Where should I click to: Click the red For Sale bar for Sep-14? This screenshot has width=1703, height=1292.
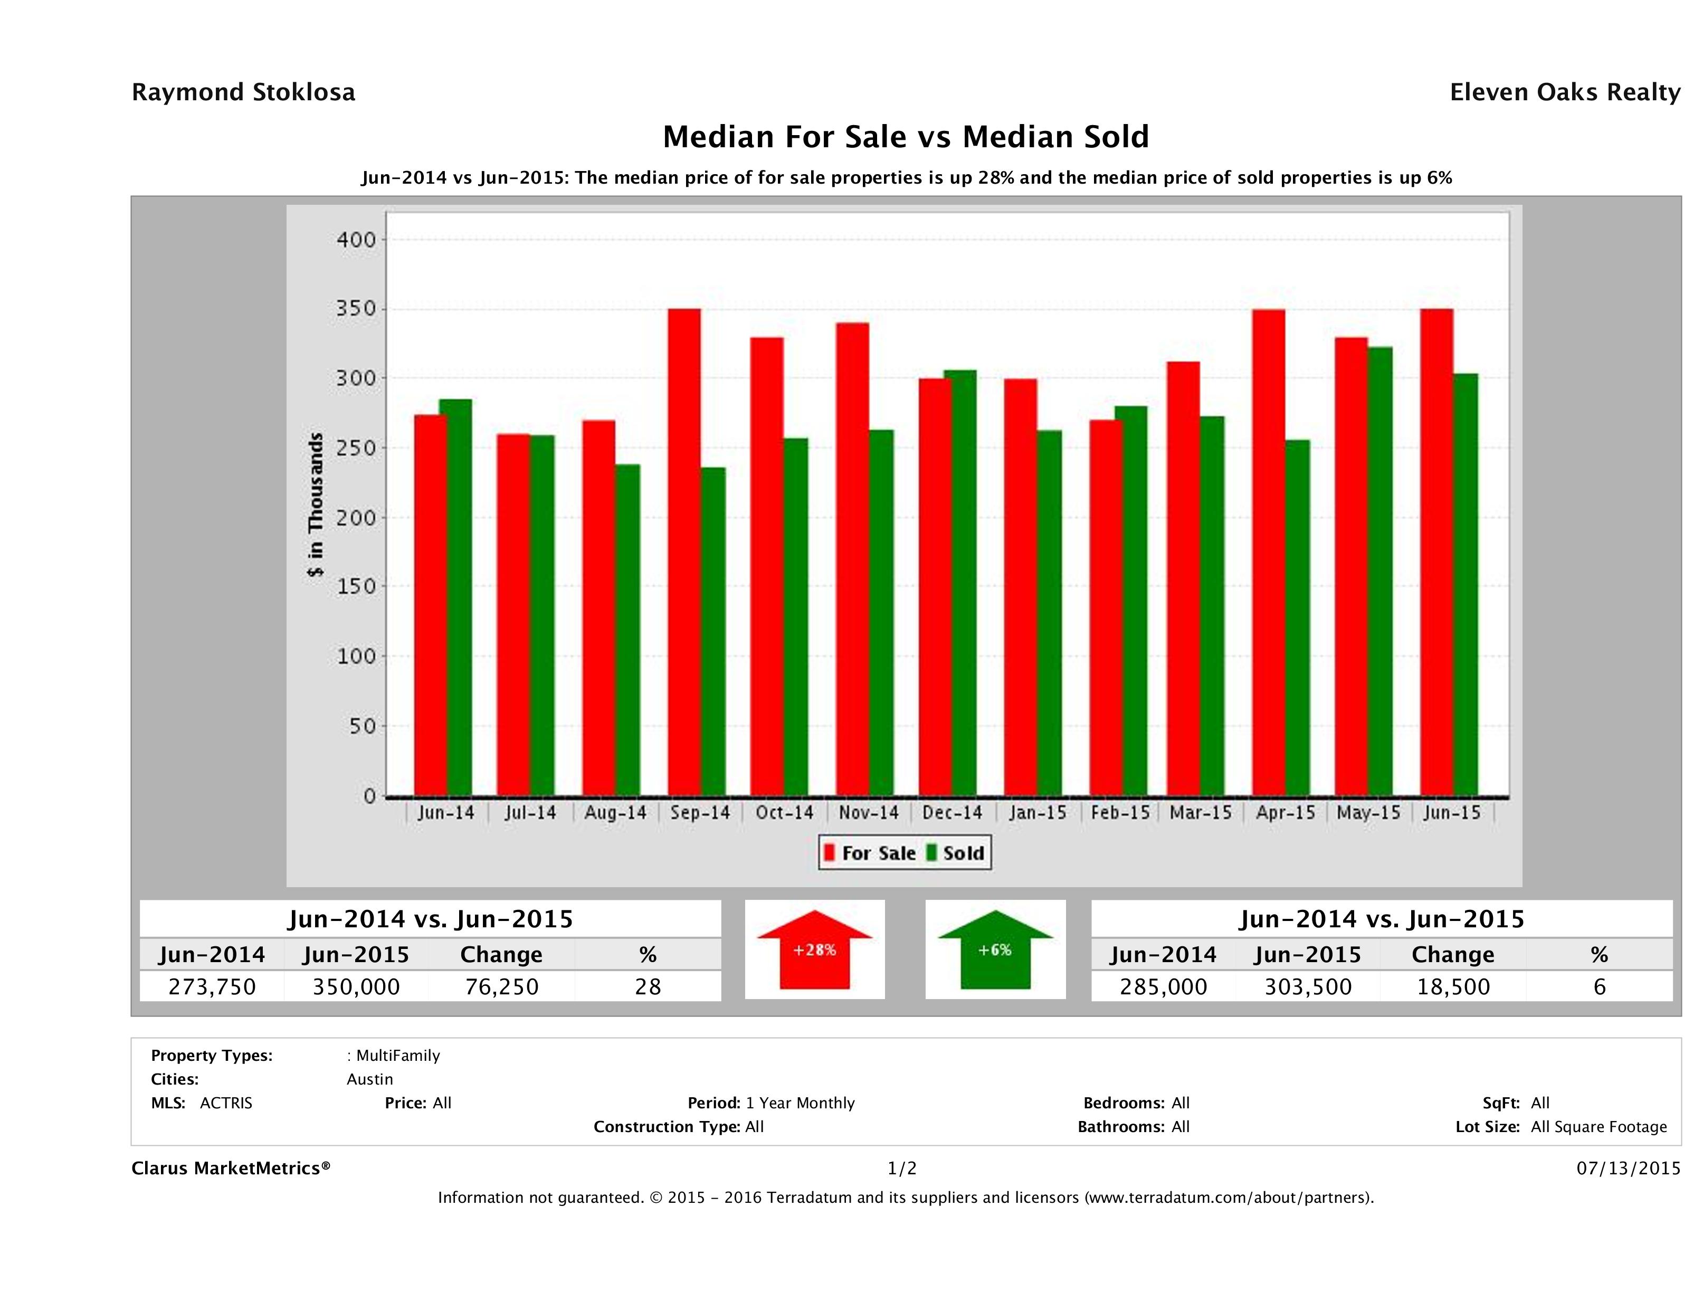tap(684, 552)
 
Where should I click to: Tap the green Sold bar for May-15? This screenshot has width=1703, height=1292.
tap(1379, 571)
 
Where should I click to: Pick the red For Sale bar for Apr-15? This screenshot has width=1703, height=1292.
tap(1268, 552)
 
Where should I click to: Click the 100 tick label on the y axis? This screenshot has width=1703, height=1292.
tap(356, 656)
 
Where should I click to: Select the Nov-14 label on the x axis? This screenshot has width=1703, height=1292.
tap(869, 812)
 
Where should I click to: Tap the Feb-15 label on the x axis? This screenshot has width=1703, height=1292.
tap(1120, 812)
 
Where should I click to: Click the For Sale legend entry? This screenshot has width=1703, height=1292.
tap(870, 853)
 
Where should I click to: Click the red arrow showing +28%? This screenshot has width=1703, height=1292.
tap(814, 949)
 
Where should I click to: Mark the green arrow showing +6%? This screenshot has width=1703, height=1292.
tap(995, 949)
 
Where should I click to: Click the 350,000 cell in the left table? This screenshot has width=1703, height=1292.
tap(356, 986)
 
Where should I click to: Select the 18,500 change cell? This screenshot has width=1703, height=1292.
tap(1453, 986)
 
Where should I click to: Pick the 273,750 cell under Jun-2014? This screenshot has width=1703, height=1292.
tap(212, 986)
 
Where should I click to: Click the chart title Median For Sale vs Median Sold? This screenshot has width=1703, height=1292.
tap(906, 137)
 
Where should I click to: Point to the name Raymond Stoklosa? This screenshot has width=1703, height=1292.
tap(243, 92)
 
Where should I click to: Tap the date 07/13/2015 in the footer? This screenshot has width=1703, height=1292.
tap(1628, 1168)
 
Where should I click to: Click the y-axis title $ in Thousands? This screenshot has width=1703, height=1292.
tap(316, 505)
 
